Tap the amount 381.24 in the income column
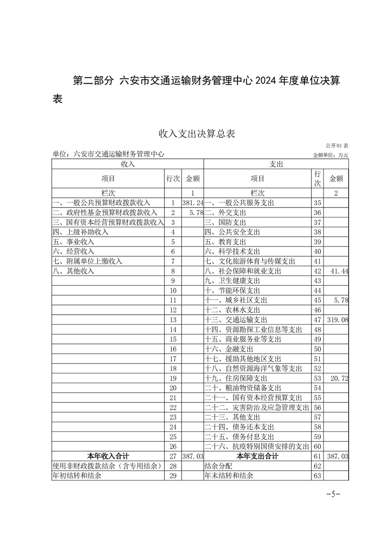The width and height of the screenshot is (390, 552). coord(192,203)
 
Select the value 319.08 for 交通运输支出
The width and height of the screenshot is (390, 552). coord(338,320)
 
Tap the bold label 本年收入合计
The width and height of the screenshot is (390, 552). coord(108,457)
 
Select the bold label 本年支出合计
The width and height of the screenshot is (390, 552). coord(257,457)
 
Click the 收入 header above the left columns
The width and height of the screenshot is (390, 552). coord(127,164)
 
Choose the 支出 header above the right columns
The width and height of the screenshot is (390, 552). coord(276,164)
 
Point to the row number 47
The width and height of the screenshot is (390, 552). coord(317,320)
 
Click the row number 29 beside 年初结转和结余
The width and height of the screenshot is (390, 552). coord(173,476)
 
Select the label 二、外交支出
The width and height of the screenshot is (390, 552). coord(225,213)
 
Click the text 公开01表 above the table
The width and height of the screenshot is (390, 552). coord(336,146)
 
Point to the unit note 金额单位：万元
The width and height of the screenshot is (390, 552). coord(330,155)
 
